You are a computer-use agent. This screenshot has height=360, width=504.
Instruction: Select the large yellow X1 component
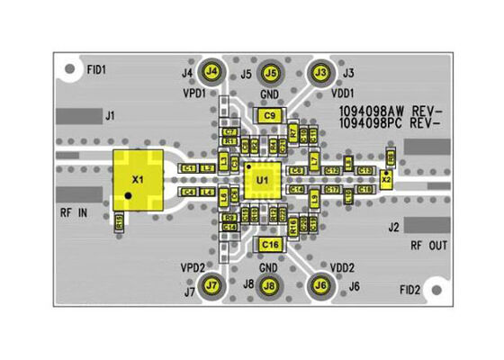click(x=137, y=180)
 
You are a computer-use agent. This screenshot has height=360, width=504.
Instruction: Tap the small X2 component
click(x=386, y=178)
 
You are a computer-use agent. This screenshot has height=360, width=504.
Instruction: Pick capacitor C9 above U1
click(x=269, y=115)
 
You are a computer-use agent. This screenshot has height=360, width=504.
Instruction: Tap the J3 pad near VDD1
click(x=319, y=71)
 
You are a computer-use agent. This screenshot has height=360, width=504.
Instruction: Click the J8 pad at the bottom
click(x=268, y=286)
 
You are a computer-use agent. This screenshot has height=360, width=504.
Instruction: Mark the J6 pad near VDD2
click(x=319, y=285)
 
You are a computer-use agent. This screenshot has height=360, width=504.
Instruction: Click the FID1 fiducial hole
click(x=69, y=68)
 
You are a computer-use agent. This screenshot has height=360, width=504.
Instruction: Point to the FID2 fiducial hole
click(x=436, y=291)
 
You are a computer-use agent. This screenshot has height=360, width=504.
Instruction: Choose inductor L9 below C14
click(x=314, y=198)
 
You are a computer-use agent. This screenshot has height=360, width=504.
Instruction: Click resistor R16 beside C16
click(x=293, y=225)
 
